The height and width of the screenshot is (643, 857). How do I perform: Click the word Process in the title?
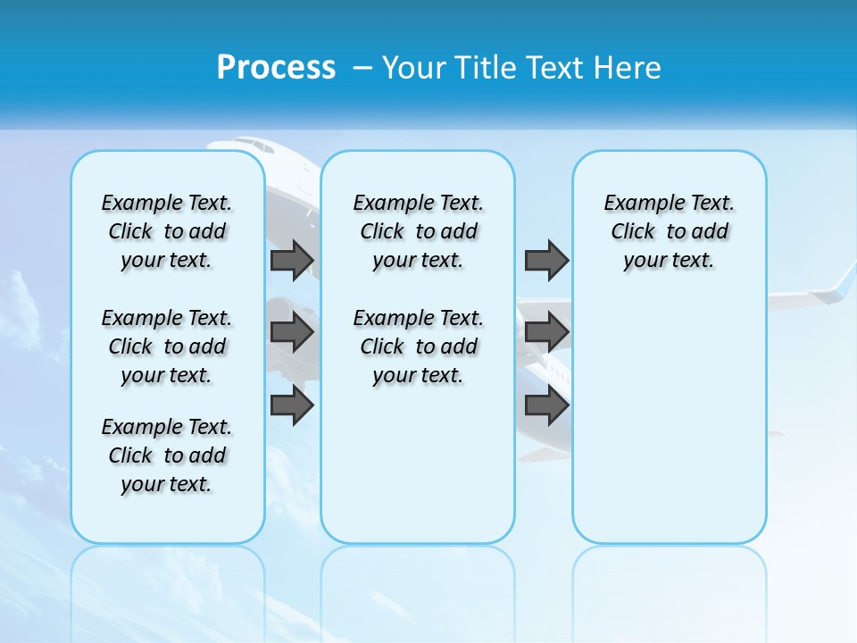[x=276, y=67]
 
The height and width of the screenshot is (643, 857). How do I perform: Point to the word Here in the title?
[x=628, y=68]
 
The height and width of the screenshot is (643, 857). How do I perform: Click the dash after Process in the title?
[x=362, y=69]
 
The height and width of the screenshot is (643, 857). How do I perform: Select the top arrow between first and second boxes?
[x=292, y=260]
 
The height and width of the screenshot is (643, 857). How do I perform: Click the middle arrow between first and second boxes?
[x=292, y=332]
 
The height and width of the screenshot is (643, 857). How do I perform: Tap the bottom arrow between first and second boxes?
[x=292, y=405]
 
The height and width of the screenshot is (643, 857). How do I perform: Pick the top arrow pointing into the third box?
[x=546, y=260]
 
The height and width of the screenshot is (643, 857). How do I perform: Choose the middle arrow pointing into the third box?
[x=546, y=332]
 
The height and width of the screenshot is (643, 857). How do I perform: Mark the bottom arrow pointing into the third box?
[x=546, y=405]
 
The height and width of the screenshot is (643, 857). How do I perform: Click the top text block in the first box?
[x=167, y=231]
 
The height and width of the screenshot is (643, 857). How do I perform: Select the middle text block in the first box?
[x=167, y=347]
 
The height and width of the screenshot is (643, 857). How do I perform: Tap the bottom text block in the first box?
[x=167, y=455]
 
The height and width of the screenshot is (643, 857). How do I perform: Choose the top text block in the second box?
[x=418, y=231]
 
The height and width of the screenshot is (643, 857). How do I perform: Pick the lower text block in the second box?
[x=418, y=347]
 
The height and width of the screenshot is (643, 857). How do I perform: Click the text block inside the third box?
[x=669, y=231]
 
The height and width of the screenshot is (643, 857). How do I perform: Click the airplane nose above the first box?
[x=234, y=146]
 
